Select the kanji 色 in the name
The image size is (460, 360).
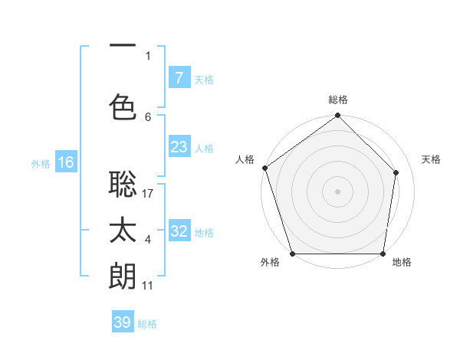click(x=123, y=106)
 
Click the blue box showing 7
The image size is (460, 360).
click(x=179, y=77)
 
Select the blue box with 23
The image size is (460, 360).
click(x=179, y=146)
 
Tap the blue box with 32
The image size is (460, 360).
click(x=179, y=231)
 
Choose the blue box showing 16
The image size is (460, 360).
click(x=65, y=162)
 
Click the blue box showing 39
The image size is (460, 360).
click(x=123, y=322)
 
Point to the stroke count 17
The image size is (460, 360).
click(x=148, y=193)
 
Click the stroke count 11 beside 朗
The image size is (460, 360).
click(x=148, y=286)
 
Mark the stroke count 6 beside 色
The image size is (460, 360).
click(x=148, y=116)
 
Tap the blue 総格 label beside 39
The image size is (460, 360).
click(x=147, y=324)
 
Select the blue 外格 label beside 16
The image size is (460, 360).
click(x=41, y=163)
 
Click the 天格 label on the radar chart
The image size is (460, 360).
click(x=431, y=159)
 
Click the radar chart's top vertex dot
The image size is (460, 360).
click(x=337, y=116)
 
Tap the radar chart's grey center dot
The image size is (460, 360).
click(x=337, y=191)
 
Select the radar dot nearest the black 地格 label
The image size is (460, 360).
click(x=383, y=254)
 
